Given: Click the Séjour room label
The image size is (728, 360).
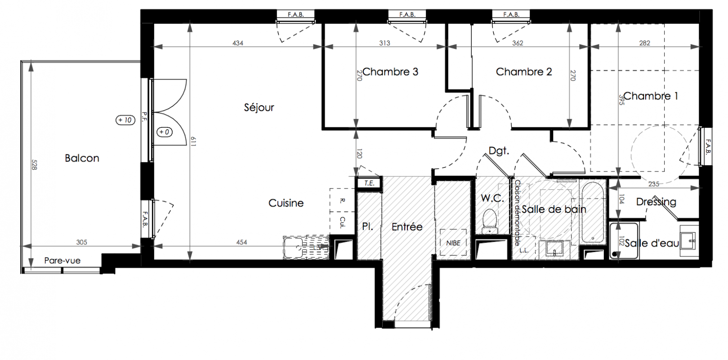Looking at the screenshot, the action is pos(259,107).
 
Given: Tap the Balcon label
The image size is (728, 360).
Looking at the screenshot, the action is pos(82,158).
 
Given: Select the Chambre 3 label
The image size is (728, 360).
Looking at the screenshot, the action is pos(390,72).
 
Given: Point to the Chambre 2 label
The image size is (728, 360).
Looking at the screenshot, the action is pos(524,72).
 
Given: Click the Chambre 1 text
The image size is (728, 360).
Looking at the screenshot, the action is pos(651,96).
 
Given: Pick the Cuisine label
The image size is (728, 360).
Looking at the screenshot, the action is pos(286,203).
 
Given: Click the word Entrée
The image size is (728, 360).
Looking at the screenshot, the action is pos(407,227).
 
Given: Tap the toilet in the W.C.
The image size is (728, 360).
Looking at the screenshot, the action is pos(489,221).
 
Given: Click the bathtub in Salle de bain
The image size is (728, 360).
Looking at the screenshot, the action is pos(593,212).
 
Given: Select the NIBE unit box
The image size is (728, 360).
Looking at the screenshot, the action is pos(453,243).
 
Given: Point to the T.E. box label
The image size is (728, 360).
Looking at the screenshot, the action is pos(369,183).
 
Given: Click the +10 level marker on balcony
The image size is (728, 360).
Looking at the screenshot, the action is pos(125,120).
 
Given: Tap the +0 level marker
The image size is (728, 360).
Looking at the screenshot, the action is pos(165,132).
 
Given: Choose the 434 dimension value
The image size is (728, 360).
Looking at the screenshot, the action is pos(238,43).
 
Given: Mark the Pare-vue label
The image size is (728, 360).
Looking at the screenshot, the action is pos(63,261).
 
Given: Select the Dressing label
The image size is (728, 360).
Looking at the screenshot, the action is pos(656,202).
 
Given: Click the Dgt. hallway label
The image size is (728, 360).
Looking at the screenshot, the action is pos(499,151).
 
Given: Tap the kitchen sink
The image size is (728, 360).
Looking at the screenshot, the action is pos(294,247).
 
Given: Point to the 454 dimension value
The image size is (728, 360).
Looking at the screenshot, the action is pos(241,242).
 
